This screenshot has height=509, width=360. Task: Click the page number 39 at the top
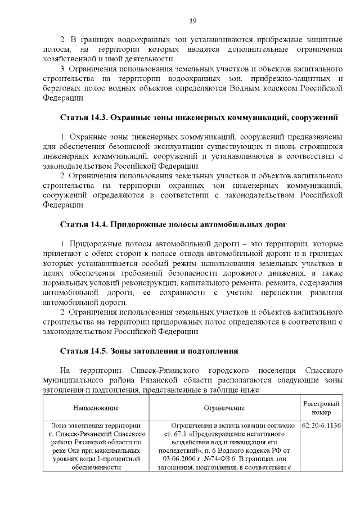[x=192, y=21]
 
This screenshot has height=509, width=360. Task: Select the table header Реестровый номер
[x=321, y=408]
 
